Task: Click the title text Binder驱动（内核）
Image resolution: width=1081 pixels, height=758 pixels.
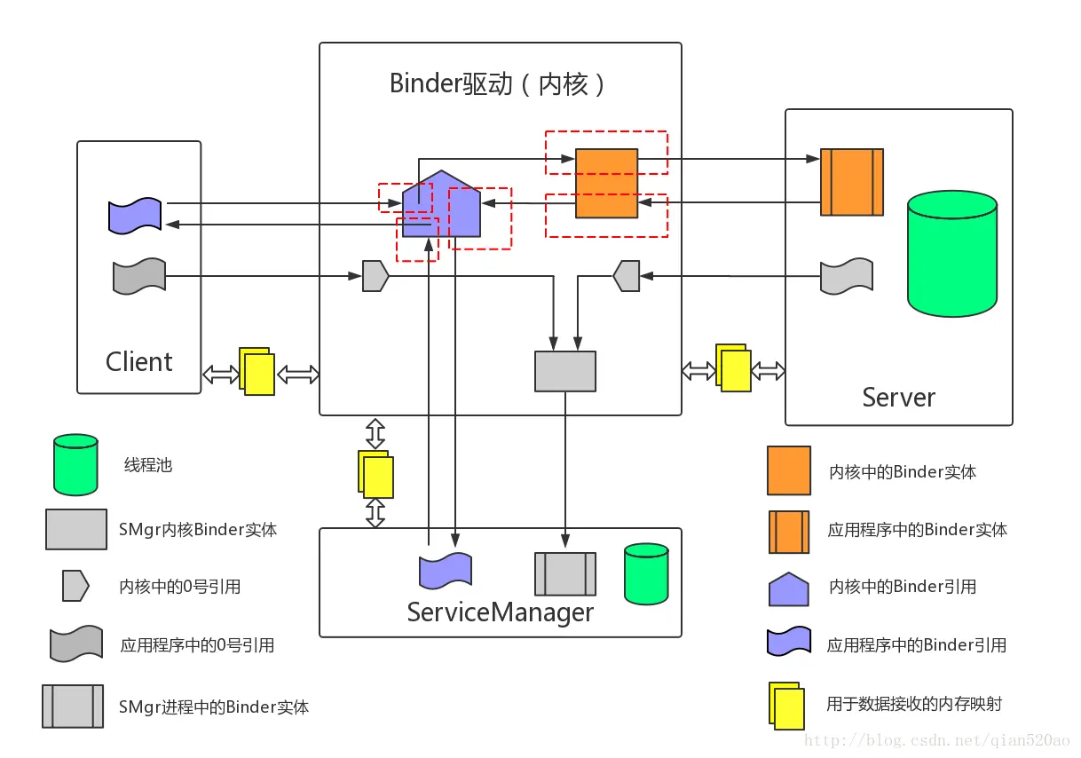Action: [x=499, y=83]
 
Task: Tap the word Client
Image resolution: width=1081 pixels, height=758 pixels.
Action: [x=138, y=362]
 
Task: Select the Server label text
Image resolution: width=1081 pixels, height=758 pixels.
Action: [x=898, y=397]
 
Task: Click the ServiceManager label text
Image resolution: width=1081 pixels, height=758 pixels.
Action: [x=500, y=612]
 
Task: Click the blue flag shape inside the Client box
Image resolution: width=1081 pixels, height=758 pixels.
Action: [x=135, y=215]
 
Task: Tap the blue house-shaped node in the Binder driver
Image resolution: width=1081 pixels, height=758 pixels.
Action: [x=441, y=205]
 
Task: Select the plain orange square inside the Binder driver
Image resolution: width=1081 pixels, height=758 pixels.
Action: [x=606, y=183]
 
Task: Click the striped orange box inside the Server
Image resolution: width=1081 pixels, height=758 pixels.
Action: [x=851, y=182]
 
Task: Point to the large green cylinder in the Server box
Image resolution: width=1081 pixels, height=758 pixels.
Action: [x=951, y=256]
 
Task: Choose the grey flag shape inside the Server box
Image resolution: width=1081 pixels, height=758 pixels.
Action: [x=846, y=276]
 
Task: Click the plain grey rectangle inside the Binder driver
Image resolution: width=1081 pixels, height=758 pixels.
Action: [x=564, y=371]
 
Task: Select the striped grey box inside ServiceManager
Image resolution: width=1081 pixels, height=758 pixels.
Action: [x=564, y=573]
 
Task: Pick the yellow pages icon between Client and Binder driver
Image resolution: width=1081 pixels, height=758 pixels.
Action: [x=257, y=371]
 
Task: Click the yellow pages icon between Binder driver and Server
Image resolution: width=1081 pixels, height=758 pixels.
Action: [x=733, y=368]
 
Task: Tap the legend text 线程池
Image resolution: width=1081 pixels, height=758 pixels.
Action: [x=147, y=465]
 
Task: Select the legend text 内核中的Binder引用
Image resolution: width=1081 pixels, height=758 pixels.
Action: [x=902, y=587]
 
